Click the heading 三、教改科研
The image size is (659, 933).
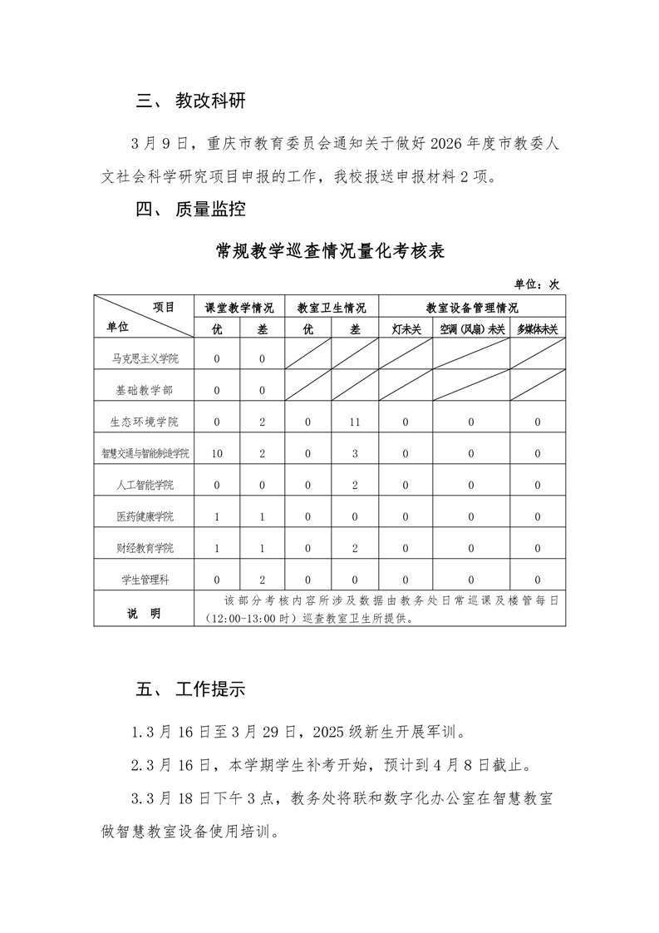coord(191,101)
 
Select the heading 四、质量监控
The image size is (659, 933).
coord(191,209)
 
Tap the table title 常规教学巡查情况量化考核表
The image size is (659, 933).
coord(330,251)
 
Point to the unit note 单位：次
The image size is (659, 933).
coord(538,284)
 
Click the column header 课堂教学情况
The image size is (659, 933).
coord(239,308)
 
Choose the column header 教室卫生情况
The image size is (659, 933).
coord(332,308)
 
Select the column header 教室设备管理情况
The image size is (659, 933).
coord(472,308)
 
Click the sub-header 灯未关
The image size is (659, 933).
coord(406,329)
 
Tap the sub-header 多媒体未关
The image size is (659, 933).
coord(537,329)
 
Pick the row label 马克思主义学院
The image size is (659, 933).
coord(145,359)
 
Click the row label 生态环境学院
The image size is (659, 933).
coord(145,422)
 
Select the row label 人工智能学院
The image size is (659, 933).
coord(145,485)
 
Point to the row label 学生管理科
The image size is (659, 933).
coord(145,580)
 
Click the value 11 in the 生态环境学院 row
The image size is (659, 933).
coord(355,422)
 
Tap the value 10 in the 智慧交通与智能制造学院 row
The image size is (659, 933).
coord(217,454)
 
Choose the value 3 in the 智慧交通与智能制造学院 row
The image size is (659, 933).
coord(355,454)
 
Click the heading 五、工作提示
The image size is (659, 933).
coord(191,690)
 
